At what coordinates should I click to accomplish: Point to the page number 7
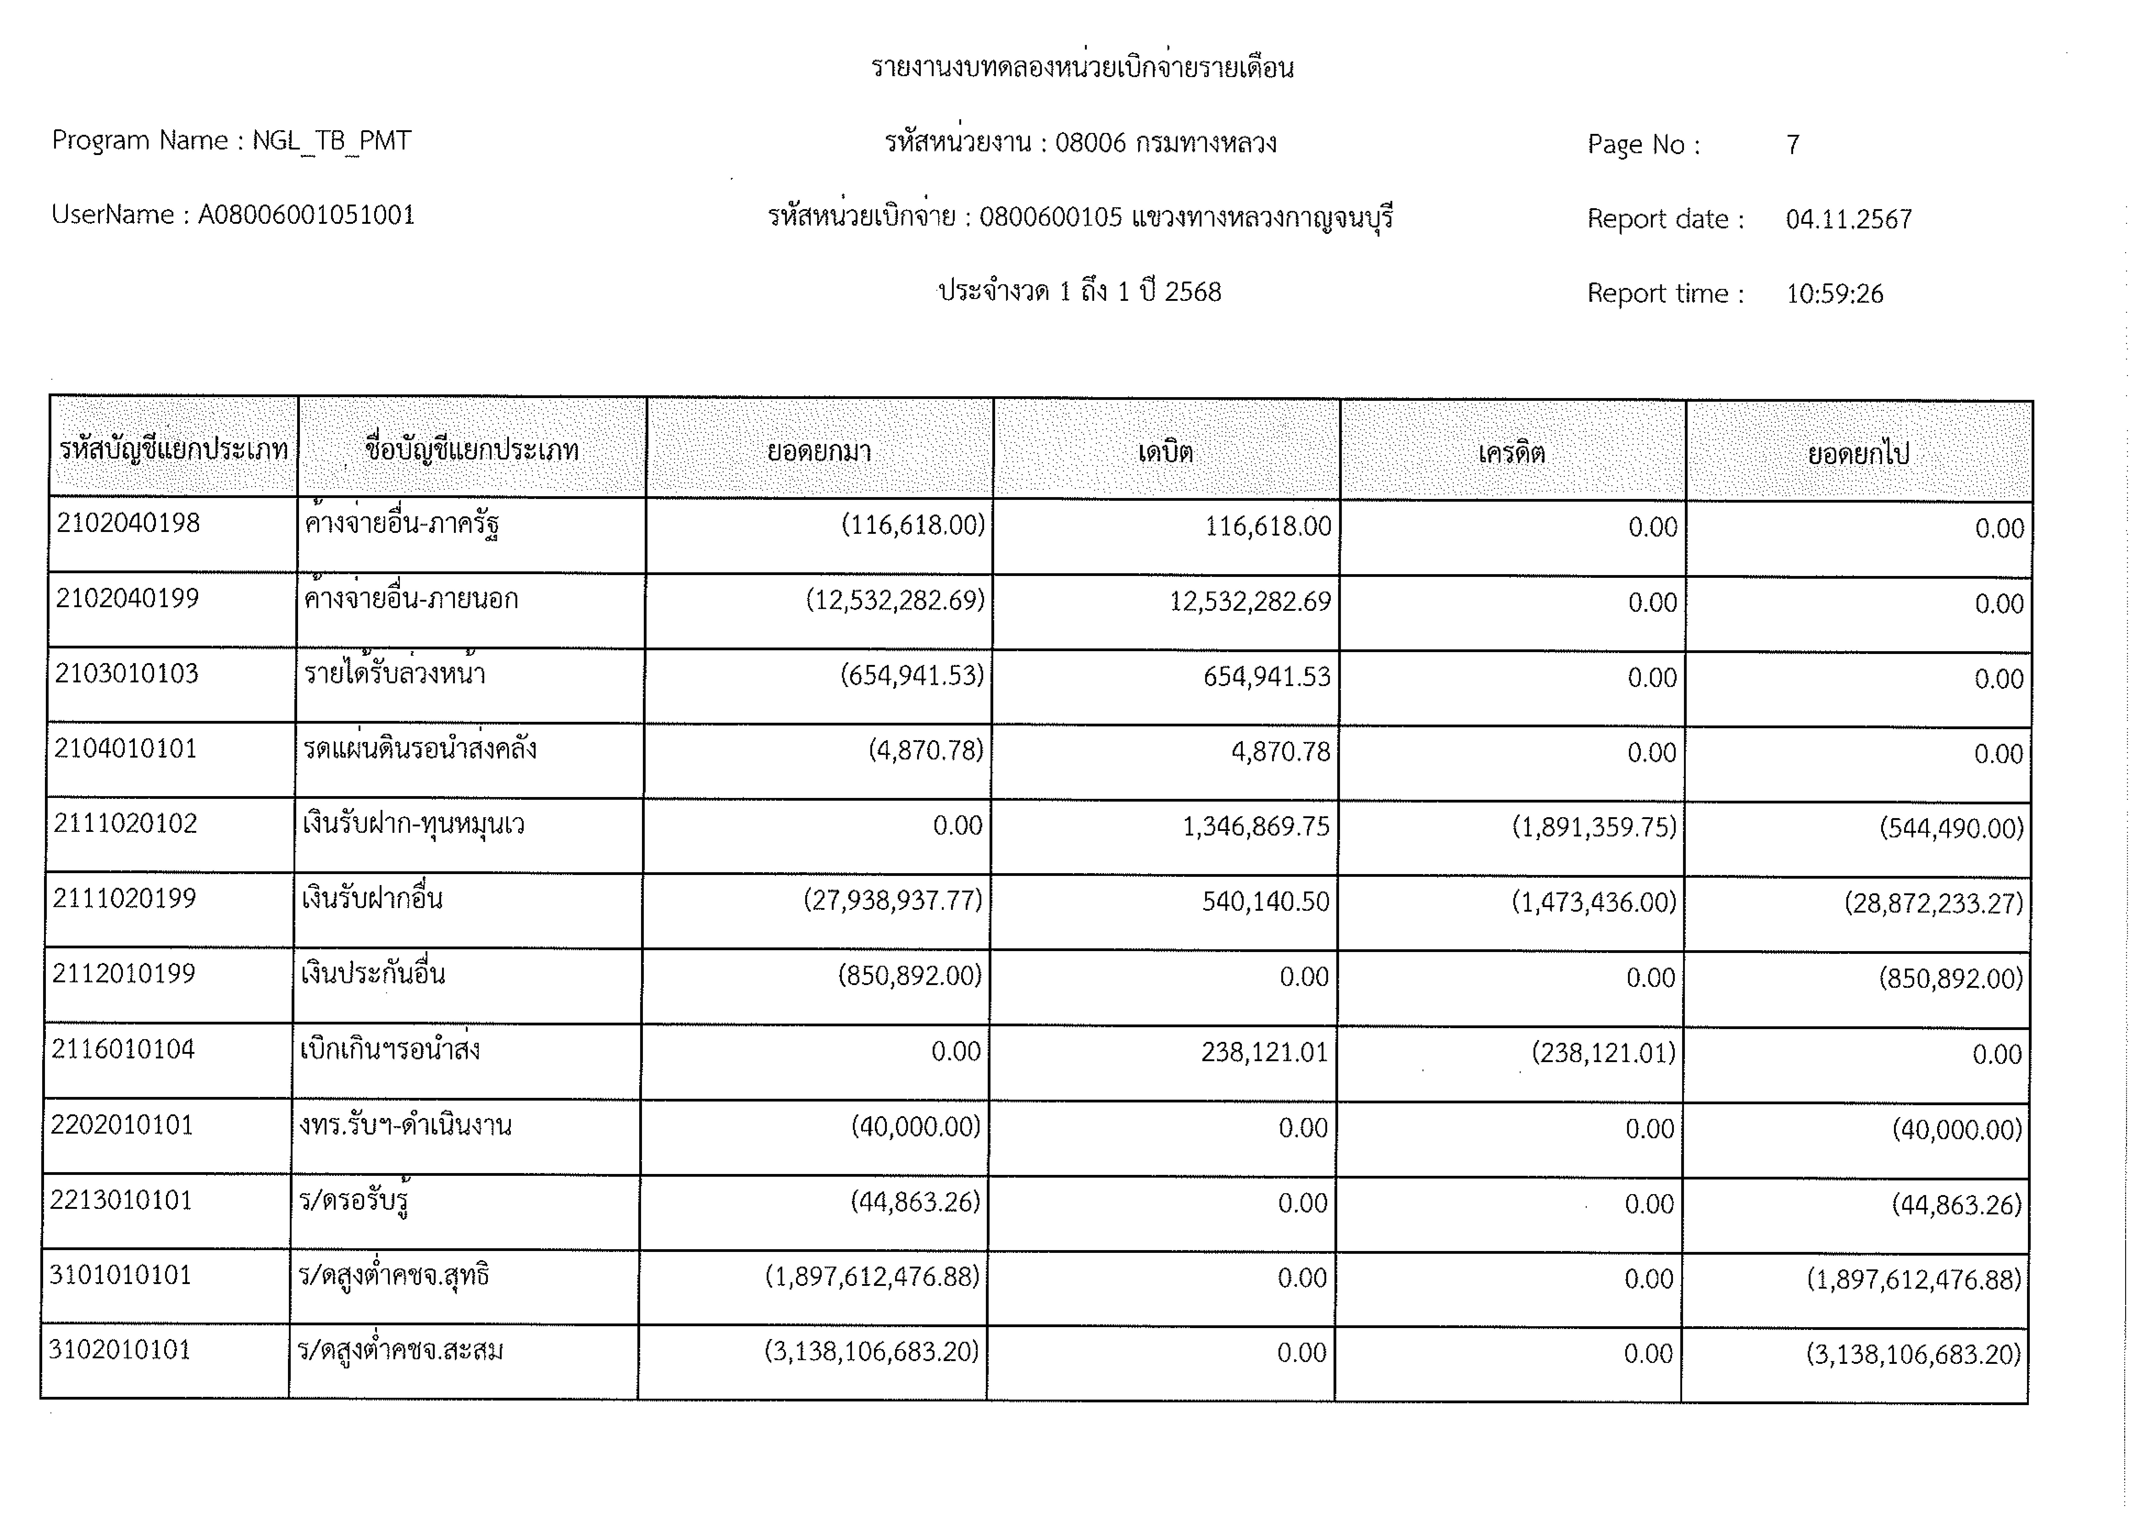(1792, 145)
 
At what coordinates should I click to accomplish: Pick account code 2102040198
(128, 523)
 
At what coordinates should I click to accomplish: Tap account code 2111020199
(124, 899)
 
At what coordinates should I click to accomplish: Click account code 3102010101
(120, 1350)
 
